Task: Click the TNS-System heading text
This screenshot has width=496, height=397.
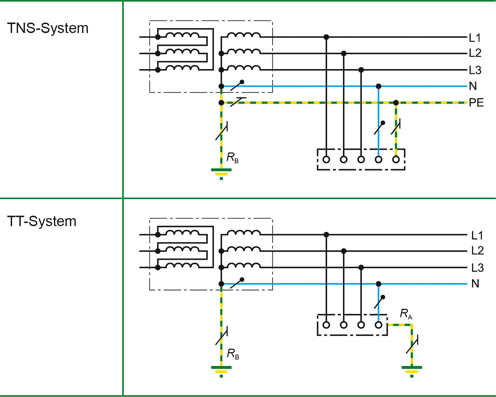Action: click(48, 28)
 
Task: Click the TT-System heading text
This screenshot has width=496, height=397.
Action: click(42, 221)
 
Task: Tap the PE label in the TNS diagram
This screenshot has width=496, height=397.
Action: click(476, 103)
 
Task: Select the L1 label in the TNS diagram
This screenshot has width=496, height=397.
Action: click(475, 38)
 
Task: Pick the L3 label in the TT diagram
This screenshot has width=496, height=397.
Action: click(477, 268)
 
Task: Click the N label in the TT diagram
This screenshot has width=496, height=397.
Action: click(475, 284)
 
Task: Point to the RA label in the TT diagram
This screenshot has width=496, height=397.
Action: click(406, 314)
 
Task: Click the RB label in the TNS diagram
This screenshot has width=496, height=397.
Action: click(232, 158)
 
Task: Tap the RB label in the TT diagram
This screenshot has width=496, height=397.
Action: click(233, 354)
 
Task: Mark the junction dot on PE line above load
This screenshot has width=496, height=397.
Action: click(396, 103)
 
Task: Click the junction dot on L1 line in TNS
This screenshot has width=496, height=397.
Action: click(326, 37)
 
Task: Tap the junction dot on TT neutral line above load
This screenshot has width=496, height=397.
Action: click(378, 284)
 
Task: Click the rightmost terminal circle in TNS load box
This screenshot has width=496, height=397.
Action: click(396, 160)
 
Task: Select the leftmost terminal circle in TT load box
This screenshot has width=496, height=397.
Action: click(326, 325)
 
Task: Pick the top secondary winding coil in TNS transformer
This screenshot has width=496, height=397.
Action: click(243, 35)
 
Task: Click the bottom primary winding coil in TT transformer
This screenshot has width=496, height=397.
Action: click(182, 265)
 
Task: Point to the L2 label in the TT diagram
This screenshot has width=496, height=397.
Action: click(477, 251)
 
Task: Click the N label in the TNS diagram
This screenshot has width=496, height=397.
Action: click(473, 86)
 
